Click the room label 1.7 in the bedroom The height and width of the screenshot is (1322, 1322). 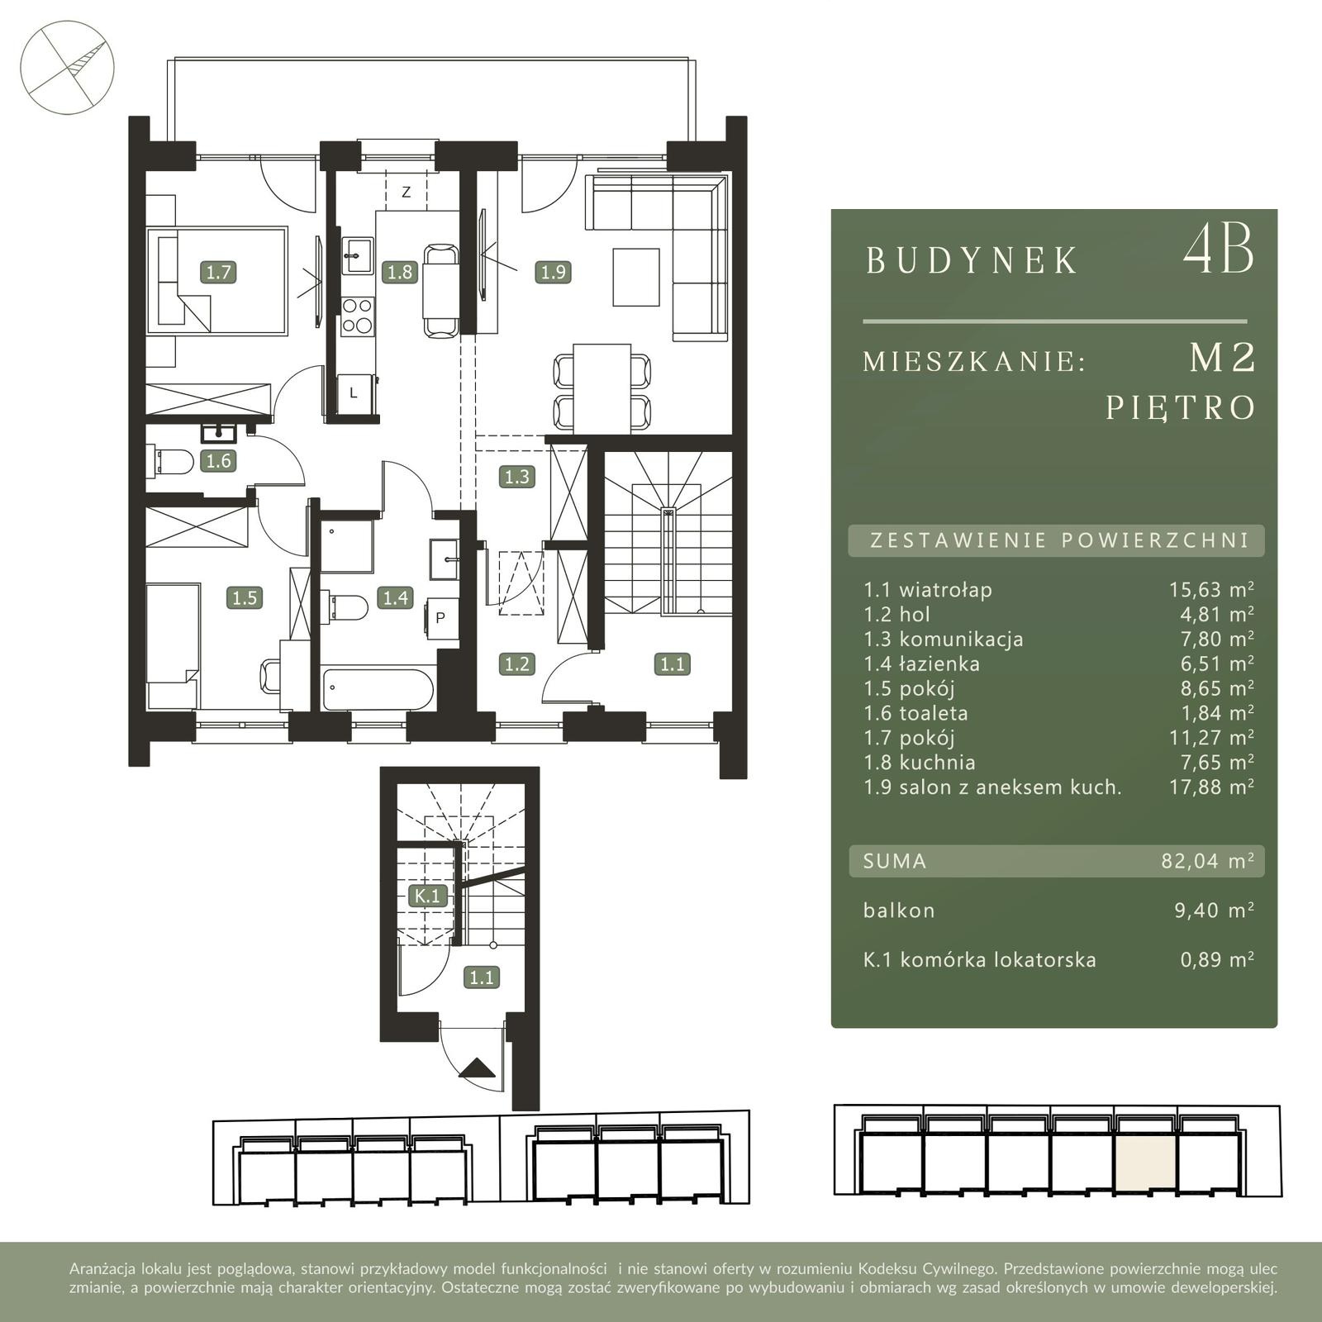click(x=219, y=272)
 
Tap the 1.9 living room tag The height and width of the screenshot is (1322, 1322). click(x=553, y=272)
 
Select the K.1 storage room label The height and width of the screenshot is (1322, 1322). click(x=429, y=896)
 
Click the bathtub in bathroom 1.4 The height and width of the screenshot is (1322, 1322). click(x=378, y=688)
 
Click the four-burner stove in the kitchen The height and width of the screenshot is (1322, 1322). click(x=358, y=316)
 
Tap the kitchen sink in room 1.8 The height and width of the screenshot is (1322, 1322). click(x=358, y=254)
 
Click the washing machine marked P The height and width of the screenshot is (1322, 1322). click(x=441, y=617)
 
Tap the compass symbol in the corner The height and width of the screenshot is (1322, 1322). click(x=67, y=67)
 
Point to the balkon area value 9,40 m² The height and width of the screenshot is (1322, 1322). click(x=1215, y=910)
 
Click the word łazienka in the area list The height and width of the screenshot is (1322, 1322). click(x=939, y=663)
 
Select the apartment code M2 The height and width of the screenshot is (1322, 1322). click(x=1223, y=358)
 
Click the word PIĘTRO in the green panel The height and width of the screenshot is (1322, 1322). click(x=1182, y=408)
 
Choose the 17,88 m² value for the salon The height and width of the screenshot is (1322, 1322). click(x=1211, y=787)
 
